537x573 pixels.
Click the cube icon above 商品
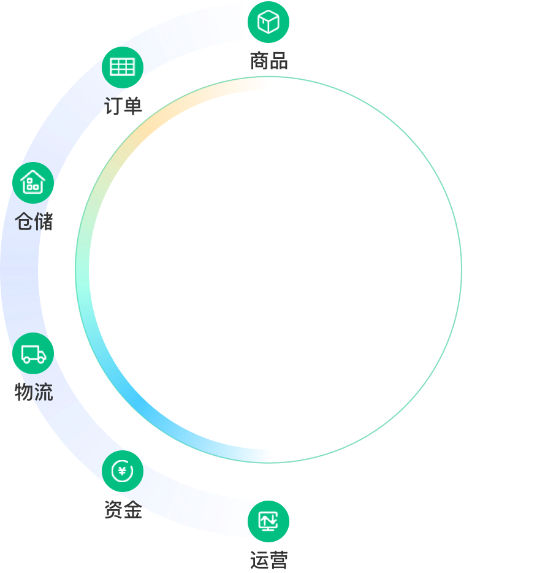[268, 23]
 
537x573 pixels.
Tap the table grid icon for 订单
[123, 67]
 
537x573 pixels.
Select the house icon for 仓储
[33, 183]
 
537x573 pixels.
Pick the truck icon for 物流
[33, 353]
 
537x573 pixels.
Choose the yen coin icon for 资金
[123, 471]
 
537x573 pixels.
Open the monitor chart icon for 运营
[268, 521]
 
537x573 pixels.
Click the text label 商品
[268, 61]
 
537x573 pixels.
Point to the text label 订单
[123, 106]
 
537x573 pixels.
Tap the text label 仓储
[34, 221]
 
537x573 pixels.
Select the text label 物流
[34, 392]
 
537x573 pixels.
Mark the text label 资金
[123, 510]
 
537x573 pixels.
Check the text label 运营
[268, 560]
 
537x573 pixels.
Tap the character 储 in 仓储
[44, 221]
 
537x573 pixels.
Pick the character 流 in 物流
[44, 392]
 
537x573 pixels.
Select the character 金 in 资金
[132, 510]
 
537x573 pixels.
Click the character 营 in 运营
[278, 560]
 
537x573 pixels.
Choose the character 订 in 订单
[113, 106]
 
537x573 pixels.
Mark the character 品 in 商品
[278, 61]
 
